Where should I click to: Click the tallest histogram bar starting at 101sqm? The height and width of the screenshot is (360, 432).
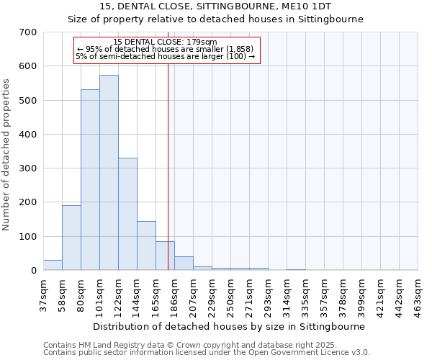coord(109,173)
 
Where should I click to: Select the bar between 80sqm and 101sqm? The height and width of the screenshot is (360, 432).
coord(90,180)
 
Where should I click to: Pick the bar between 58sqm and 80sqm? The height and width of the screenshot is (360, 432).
coord(71,238)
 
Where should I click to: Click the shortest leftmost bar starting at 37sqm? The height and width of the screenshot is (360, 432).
coord(53,265)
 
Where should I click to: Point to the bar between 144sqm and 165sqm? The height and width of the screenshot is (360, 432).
coord(146,246)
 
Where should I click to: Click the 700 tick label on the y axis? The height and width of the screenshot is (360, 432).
coord(29,32)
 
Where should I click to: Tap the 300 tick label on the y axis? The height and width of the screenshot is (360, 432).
coord(29,168)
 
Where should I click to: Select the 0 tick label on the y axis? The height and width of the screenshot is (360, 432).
coord(34,271)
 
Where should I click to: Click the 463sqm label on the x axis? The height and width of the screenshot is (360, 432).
coord(418,296)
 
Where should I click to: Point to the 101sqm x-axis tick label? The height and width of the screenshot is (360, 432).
coord(100,296)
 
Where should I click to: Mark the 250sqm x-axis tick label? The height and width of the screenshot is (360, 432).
coord(231,296)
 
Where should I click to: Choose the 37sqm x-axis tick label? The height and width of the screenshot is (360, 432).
coord(44,294)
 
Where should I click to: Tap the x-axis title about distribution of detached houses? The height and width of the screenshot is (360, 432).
coord(230,326)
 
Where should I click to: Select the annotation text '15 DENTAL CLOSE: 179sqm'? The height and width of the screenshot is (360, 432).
coord(166,42)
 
